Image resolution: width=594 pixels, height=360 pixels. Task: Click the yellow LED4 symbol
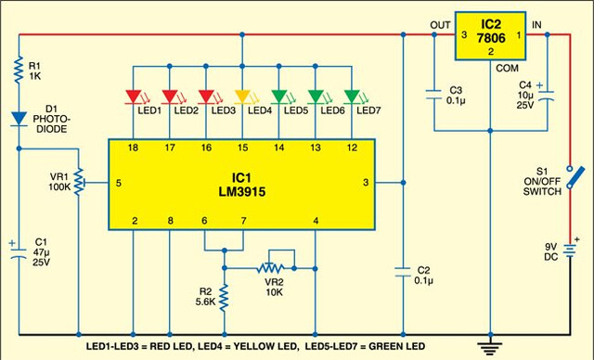coord(242,96)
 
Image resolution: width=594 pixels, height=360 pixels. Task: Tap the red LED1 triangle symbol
coord(133,96)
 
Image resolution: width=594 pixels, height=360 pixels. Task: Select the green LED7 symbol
coord(352,96)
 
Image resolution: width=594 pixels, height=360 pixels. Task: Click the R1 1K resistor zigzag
coord(19,70)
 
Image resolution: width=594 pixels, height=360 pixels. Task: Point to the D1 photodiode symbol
coord(19,119)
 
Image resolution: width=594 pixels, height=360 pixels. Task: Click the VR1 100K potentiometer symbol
coord(79,183)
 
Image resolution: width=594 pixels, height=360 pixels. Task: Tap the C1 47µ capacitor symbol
coord(19,253)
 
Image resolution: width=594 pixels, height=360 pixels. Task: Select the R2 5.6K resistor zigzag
coord(225,298)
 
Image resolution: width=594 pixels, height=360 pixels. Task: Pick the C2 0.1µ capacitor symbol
coord(403,272)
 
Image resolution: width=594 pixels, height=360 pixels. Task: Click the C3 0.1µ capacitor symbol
coord(434,95)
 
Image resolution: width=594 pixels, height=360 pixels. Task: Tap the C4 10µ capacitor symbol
coord(547,96)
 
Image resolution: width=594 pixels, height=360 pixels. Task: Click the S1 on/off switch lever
coord(575,177)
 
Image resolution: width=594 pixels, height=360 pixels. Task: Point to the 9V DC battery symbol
coord(569,251)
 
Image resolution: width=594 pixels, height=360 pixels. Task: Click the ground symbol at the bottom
coord(490,347)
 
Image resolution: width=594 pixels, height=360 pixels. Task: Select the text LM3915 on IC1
coord(241,191)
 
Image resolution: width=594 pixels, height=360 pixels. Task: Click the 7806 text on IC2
coord(491,38)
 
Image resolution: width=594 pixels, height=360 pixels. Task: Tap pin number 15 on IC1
coord(242,148)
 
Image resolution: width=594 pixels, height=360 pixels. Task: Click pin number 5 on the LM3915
coord(119,183)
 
